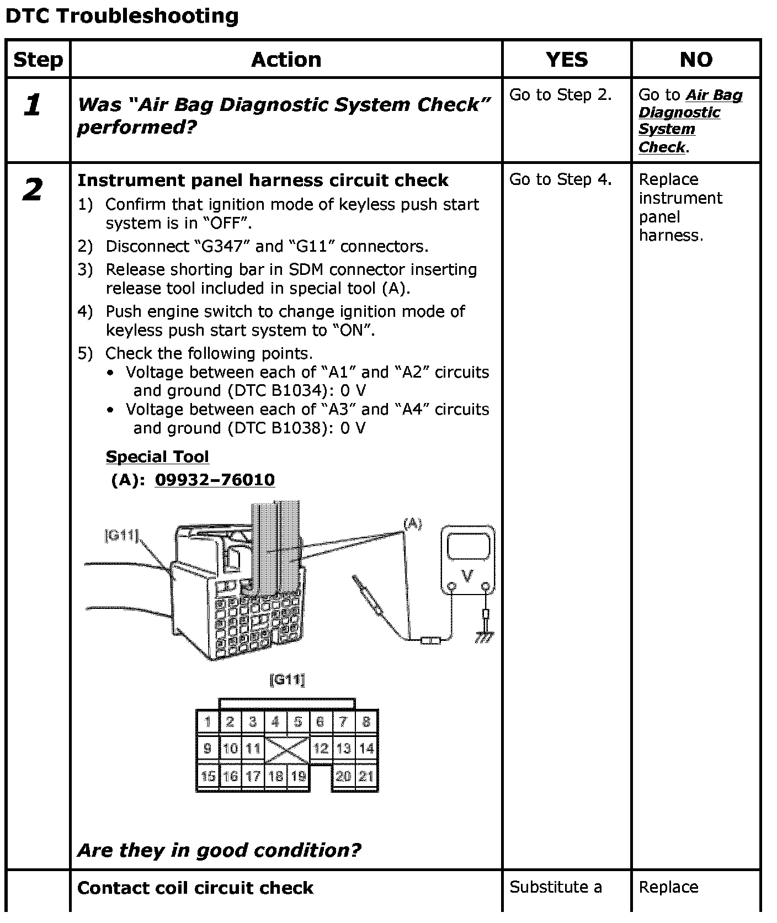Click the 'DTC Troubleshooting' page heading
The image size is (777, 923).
point(122,16)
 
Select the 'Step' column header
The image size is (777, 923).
point(38,59)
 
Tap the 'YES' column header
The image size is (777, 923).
point(567,59)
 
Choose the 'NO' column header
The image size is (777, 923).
point(696,59)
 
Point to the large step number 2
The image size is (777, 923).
point(33,190)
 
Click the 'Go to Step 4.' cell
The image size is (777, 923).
point(560,179)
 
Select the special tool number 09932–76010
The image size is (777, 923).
point(215,480)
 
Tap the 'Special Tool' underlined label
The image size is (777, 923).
point(157,457)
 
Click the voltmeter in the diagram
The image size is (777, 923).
point(467,560)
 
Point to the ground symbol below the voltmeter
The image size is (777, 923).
point(485,636)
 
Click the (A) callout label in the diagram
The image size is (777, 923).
point(413,524)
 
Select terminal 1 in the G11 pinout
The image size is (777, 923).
point(207,722)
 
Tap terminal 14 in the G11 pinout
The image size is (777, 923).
point(366,749)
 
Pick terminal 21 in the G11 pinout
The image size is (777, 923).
point(366,776)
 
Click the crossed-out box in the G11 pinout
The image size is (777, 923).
point(287,749)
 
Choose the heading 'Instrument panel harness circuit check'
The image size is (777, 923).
point(263,181)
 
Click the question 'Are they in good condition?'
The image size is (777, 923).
point(219,850)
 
